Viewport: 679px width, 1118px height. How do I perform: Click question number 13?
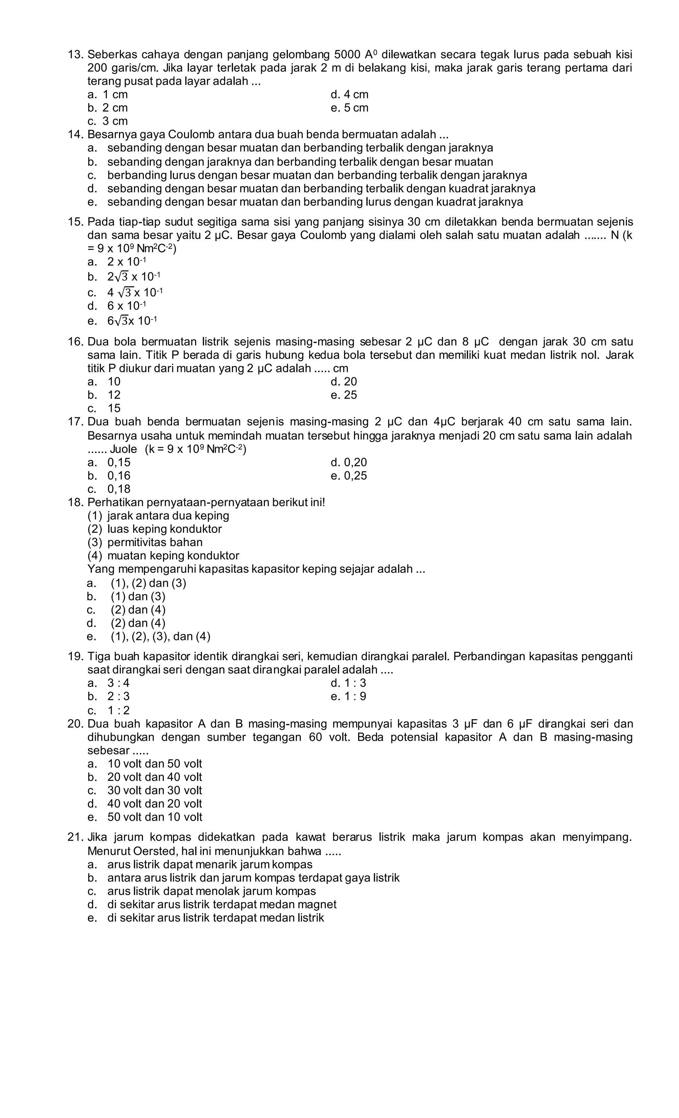pos(75,55)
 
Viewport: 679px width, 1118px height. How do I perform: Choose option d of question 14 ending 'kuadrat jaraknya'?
pos(321,188)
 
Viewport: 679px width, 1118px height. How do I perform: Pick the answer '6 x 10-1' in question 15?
pos(126,306)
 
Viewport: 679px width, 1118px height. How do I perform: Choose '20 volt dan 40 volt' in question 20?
pos(154,777)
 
